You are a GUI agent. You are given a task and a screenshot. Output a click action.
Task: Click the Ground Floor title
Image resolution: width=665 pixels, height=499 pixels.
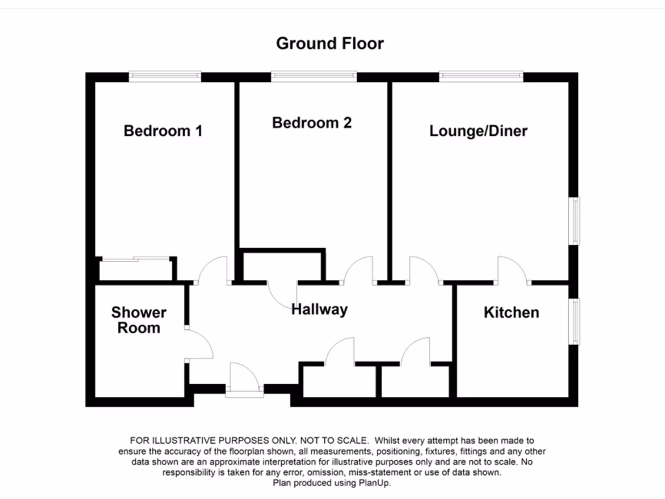(330, 44)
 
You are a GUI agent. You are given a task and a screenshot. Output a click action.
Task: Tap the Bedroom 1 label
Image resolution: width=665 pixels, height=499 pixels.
(163, 131)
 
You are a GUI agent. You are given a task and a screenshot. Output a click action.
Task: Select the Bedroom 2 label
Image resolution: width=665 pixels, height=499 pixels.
(312, 123)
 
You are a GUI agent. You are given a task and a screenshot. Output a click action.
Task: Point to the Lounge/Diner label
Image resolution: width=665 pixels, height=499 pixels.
(478, 131)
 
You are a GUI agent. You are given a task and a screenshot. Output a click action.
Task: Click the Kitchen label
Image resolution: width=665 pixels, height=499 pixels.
(511, 313)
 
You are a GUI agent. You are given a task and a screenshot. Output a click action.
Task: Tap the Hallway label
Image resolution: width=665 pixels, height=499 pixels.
(319, 310)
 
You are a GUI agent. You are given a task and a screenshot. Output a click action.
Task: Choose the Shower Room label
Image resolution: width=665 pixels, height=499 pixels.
(138, 320)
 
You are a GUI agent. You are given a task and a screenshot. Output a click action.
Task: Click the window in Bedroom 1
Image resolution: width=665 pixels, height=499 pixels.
(165, 76)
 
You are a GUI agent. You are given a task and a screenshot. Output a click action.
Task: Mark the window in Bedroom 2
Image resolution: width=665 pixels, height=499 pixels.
(314, 76)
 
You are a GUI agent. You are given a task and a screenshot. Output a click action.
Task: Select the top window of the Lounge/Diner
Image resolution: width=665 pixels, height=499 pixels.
(481, 76)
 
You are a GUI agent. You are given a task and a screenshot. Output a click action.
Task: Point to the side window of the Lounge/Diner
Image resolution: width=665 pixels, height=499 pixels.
(575, 221)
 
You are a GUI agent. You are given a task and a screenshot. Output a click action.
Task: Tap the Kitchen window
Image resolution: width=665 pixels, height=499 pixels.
(575, 321)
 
